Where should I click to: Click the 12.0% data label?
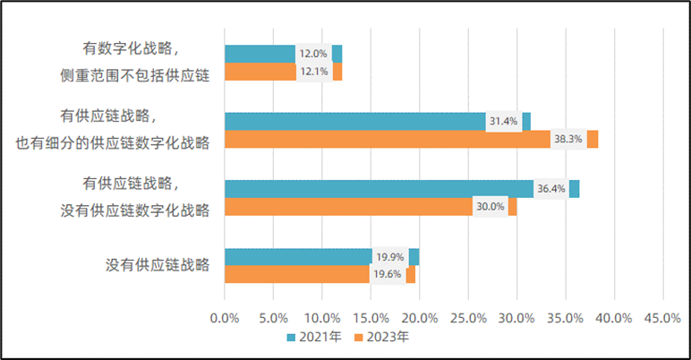click(313, 54)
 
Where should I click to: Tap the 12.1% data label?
click(314, 72)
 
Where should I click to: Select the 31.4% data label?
click(504, 121)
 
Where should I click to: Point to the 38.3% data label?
click(568, 139)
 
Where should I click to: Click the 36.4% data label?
click(550, 189)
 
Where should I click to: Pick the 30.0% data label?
click(490, 207)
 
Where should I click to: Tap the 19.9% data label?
click(389, 257)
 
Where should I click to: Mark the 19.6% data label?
click(388, 274)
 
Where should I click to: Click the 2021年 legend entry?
click(314, 338)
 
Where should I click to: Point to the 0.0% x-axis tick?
click(224, 318)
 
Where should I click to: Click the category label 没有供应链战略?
click(158, 266)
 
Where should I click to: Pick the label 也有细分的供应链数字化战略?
click(113, 142)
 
